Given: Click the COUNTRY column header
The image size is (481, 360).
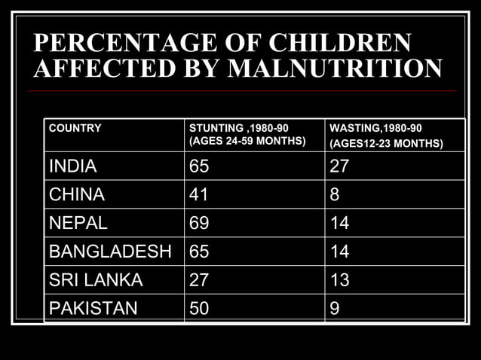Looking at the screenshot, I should [75, 128].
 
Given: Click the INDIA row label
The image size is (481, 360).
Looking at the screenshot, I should [73, 166].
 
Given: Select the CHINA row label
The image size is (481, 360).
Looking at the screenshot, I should [76, 195].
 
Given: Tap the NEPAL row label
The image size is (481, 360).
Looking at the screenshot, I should [78, 224].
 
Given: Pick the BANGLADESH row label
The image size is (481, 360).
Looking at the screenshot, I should [110, 252].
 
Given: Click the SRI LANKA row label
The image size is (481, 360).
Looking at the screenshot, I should [96, 280].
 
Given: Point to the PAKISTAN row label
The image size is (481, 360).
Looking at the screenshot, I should [93, 308].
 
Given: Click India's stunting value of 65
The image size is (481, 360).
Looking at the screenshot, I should [199, 166].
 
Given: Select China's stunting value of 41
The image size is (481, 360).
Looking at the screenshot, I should [199, 195].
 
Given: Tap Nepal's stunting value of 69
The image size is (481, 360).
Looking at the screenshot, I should [199, 224].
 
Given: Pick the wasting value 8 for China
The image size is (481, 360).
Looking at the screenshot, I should [335, 195].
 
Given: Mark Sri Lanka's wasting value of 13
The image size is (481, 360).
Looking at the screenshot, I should [339, 280].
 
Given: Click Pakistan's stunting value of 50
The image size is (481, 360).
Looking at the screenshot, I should [199, 308].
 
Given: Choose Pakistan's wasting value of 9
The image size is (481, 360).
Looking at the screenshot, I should [335, 308].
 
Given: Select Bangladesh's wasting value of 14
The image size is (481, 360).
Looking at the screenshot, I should [339, 252].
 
